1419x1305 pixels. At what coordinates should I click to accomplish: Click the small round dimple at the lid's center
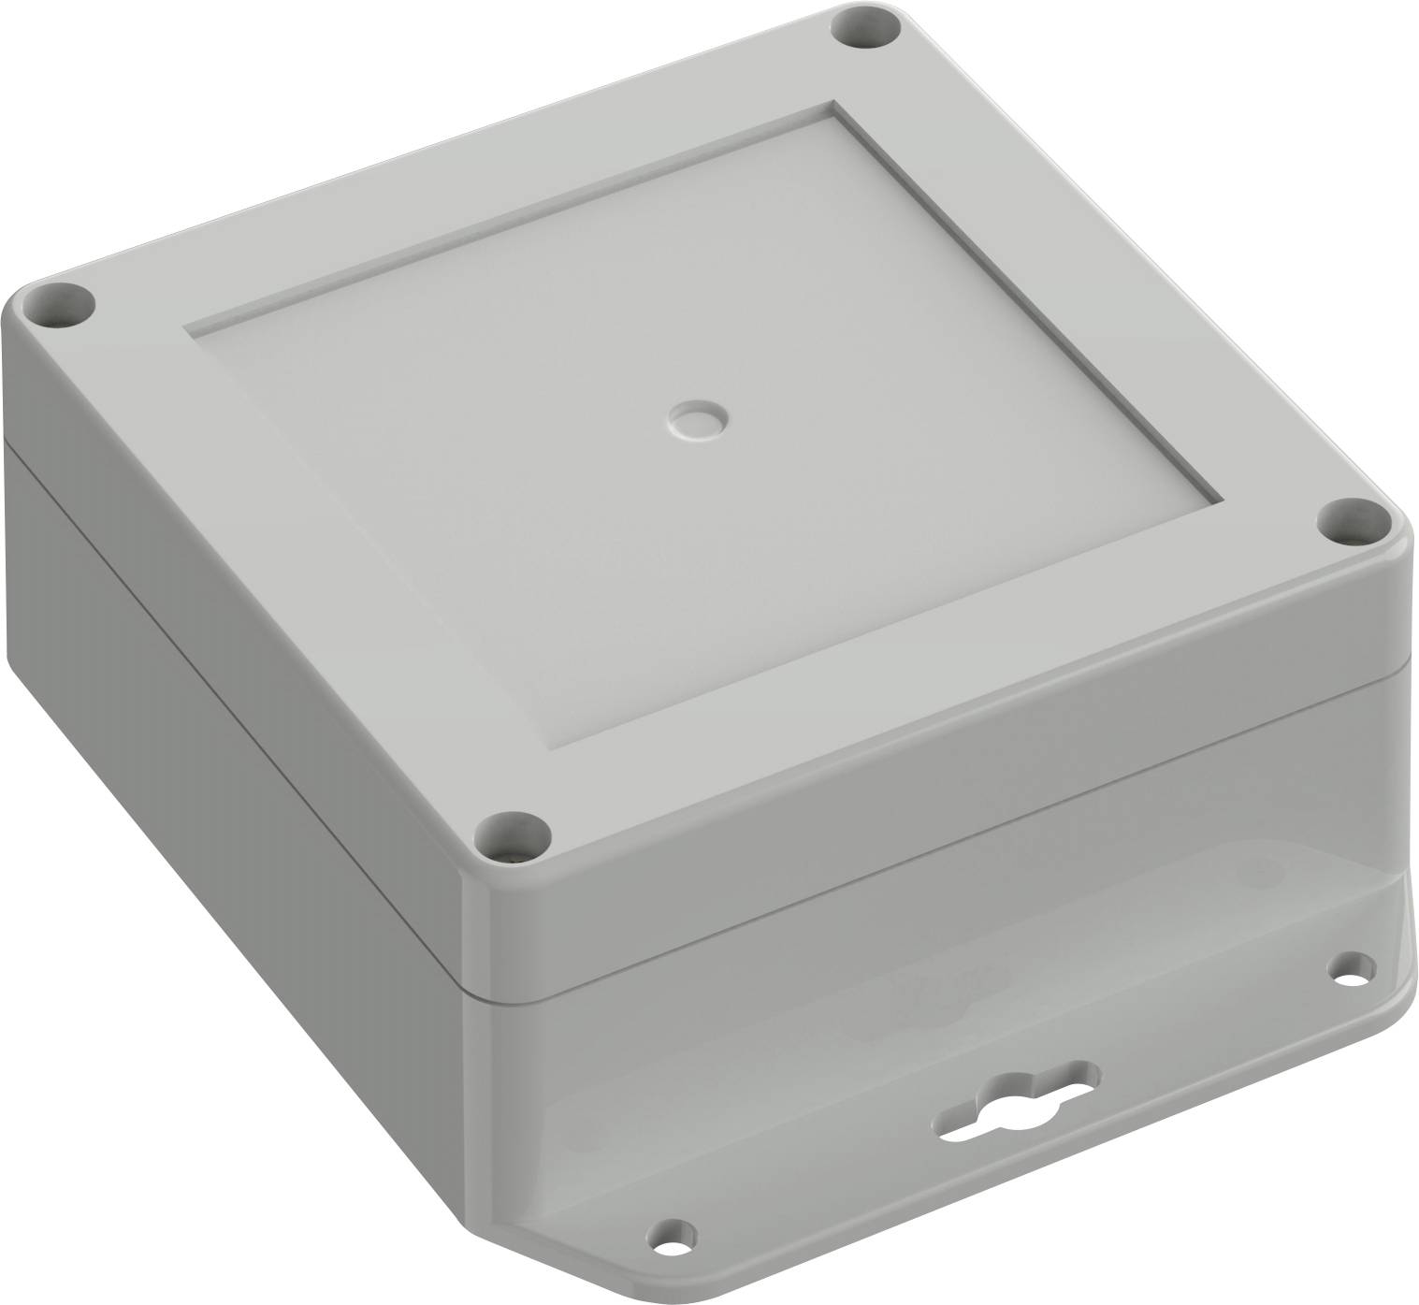(698, 420)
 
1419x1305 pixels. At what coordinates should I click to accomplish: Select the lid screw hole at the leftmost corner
(61, 305)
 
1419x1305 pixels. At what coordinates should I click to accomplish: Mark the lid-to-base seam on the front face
(935, 833)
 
